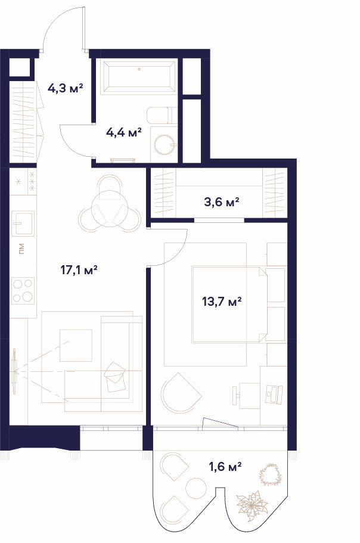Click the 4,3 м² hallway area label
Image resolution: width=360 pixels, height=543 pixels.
click(66, 89)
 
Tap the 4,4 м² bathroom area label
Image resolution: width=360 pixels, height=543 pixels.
click(124, 132)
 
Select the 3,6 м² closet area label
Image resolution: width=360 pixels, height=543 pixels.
click(222, 201)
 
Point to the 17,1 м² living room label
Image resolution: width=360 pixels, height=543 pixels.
click(79, 269)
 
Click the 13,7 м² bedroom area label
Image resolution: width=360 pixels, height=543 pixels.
click(222, 301)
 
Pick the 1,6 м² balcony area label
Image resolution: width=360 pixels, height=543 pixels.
click(225, 467)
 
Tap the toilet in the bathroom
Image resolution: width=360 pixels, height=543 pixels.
click(162, 115)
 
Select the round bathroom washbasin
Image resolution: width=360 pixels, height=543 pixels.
click(165, 144)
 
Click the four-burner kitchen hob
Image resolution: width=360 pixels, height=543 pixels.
click(23, 291)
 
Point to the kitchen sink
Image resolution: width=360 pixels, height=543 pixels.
click(23, 223)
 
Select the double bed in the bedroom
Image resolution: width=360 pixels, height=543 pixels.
click(229, 305)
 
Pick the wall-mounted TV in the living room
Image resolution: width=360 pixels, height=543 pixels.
click(14, 371)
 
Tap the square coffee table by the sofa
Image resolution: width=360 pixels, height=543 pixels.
click(76, 345)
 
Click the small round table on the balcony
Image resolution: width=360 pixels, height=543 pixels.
click(196, 488)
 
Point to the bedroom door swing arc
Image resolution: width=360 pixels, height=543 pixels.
click(178, 256)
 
